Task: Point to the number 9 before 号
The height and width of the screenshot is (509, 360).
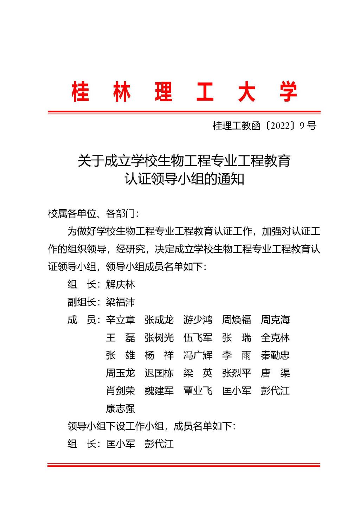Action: pyautogui.click(x=302, y=125)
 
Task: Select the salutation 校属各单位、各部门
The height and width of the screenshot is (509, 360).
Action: pyautogui.click(x=93, y=213)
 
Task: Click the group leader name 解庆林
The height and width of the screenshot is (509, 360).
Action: pyautogui.click(x=120, y=284)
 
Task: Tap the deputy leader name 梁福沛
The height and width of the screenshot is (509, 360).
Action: pyautogui.click(x=120, y=302)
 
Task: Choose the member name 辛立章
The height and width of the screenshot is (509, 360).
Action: pyautogui.click(x=120, y=320)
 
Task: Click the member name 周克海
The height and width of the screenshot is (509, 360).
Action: pyautogui.click(x=275, y=320)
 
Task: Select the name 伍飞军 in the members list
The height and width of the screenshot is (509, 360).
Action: pyautogui.click(x=198, y=337)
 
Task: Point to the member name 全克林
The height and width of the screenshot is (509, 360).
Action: pyautogui.click(x=275, y=337)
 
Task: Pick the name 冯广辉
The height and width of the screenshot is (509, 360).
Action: pyautogui.click(x=198, y=355)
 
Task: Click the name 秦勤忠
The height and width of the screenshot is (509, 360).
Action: pyautogui.click(x=275, y=355)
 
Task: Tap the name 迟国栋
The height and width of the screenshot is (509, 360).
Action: pyautogui.click(x=159, y=373)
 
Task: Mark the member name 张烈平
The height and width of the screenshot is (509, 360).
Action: pyautogui.click(x=236, y=373)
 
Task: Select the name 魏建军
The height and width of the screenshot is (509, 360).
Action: pyautogui.click(x=159, y=391)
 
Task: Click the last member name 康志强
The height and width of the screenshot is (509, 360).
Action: pyautogui.click(x=120, y=408)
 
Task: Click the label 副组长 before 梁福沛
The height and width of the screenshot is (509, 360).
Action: pyautogui.click(x=82, y=302)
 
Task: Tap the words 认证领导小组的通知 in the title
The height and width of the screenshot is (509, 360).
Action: pyautogui.click(x=184, y=179)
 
